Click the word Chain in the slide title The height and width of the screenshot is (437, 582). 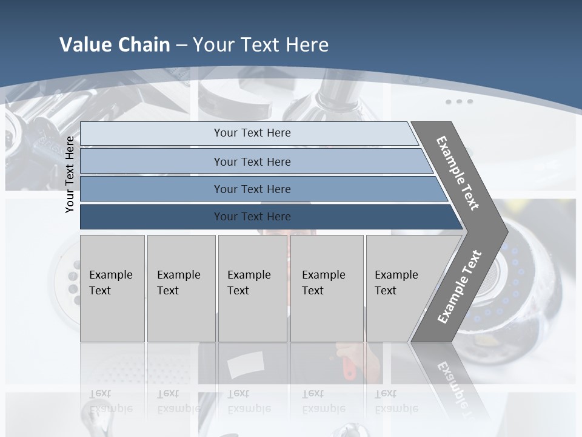click(142, 45)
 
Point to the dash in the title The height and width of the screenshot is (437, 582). click(181, 46)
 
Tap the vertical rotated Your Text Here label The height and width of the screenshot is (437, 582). click(70, 174)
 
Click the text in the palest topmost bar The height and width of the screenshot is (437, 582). click(252, 133)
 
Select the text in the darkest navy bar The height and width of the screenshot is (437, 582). click(252, 217)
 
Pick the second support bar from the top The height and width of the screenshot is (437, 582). click(252, 161)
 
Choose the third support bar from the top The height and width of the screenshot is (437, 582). click(252, 189)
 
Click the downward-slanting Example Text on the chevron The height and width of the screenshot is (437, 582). click(458, 173)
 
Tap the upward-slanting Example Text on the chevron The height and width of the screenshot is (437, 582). click(460, 287)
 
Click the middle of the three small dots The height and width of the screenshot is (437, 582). click(459, 101)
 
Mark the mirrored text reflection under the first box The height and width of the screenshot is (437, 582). click(111, 401)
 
